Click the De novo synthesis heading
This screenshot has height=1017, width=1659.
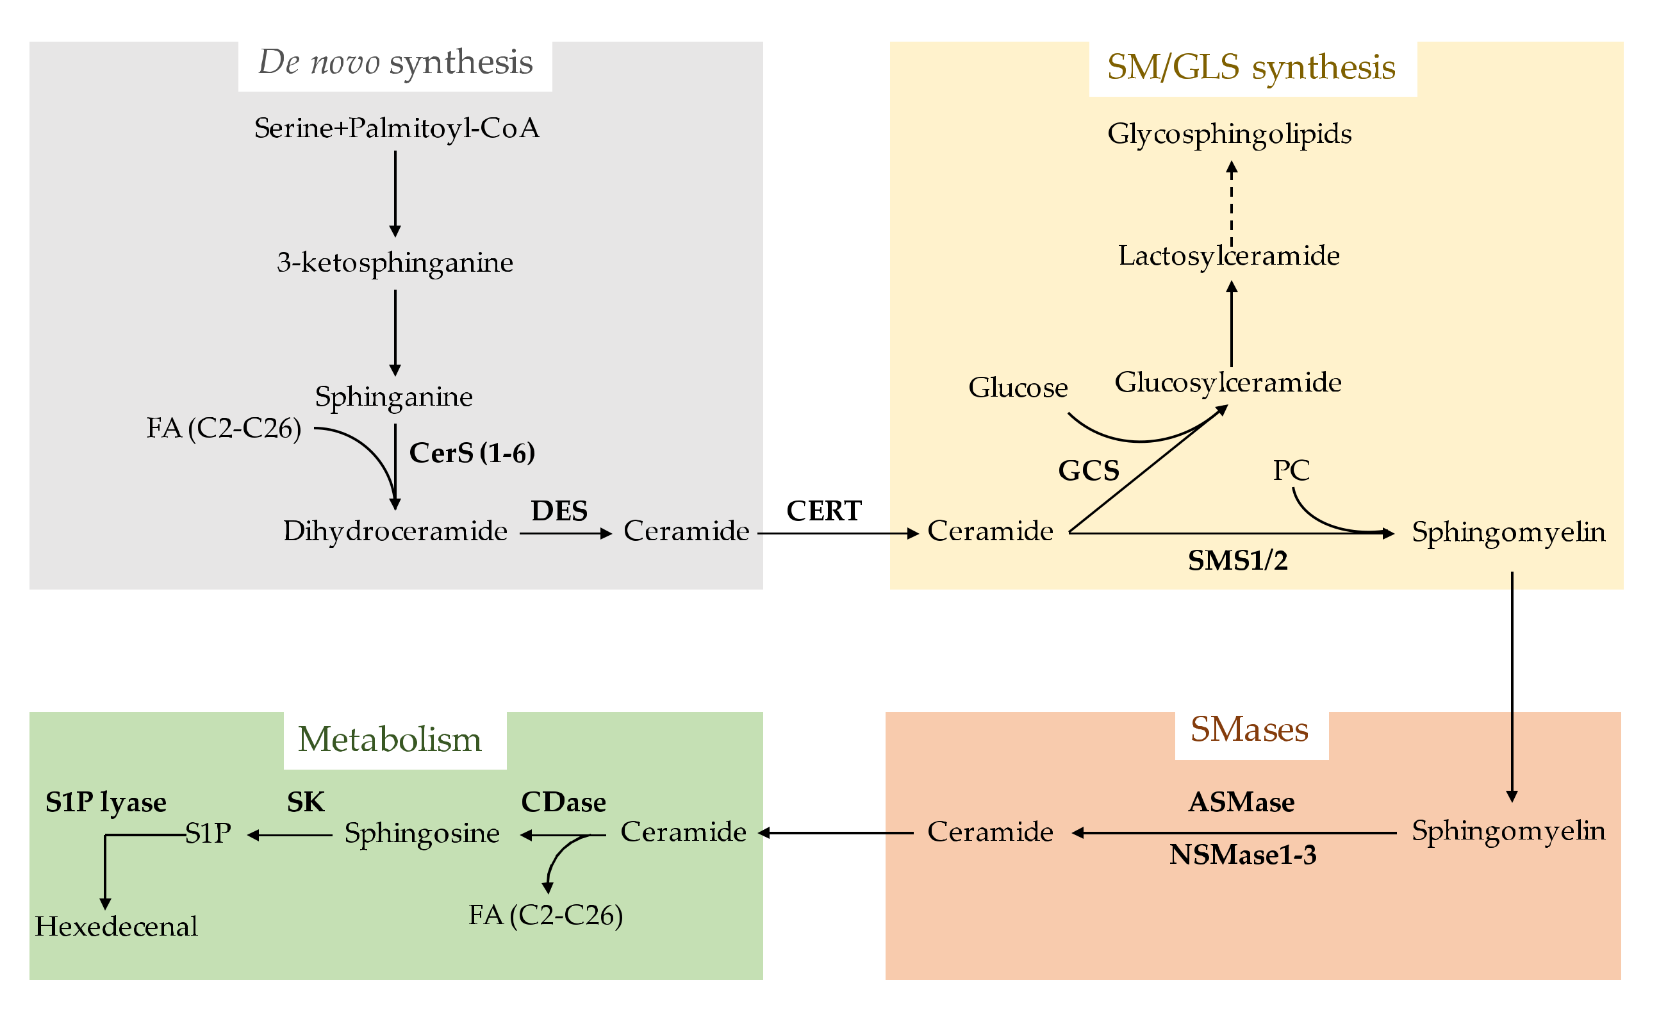click(x=395, y=63)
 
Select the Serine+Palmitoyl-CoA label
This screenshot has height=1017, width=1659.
click(x=397, y=128)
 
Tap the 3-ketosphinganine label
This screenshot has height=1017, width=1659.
click(x=395, y=262)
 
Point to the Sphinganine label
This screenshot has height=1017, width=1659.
click(x=394, y=396)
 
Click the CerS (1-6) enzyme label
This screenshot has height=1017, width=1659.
click(x=472, y=452)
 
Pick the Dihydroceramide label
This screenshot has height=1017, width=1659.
click(x=395, y=531)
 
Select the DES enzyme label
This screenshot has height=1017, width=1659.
click(x=559, y=511)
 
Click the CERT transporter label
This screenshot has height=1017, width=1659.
click(x=823, y=511)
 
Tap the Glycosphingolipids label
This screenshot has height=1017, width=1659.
click(x=1230, y=133)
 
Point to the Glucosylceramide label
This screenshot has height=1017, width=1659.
click(x=1228, y=383)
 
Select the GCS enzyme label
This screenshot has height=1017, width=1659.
click(x=1089, y=470)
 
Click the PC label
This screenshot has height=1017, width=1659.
click(x=1291, y=470)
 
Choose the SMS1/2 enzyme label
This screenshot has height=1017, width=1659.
click(x=1237, y=560)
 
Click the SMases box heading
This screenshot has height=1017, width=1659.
click(x=1249, y=729)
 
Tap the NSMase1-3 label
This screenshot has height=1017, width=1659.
click(x=1242, y=855)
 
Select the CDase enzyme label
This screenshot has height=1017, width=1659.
click(x=563, y=802)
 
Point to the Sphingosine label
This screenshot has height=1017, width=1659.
click(x=422, y=833)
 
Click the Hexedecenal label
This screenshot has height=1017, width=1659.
click(x=117, y=927)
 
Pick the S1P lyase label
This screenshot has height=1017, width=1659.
click(x=106, y=802)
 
